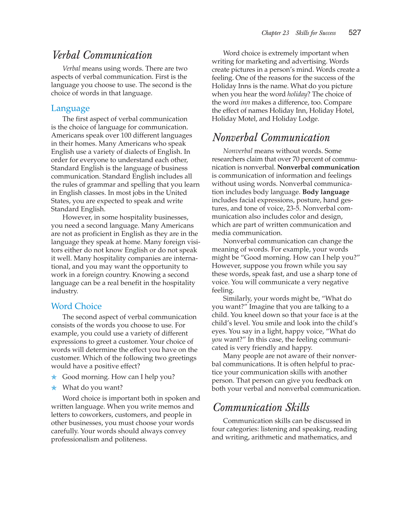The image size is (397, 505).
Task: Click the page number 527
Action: (355, 32)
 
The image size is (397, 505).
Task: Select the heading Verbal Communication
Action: (102, 55)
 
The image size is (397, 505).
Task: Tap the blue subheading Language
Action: (70, 108)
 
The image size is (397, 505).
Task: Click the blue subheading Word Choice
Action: (76, 306)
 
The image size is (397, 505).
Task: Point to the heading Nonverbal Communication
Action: (271, 138)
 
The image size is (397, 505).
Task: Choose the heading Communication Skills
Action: (261, 408)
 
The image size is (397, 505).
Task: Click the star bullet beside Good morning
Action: (54, 377)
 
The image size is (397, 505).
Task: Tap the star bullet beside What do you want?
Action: (54, 388)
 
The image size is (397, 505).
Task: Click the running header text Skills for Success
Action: (316, 33)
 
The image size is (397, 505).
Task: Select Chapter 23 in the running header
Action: (275, 33)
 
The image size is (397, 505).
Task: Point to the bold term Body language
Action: (326, 192)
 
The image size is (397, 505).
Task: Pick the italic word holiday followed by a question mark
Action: (297, 94)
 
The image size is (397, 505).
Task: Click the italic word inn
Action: (245, 102)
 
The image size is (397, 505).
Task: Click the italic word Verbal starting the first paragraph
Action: (71, 69)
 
